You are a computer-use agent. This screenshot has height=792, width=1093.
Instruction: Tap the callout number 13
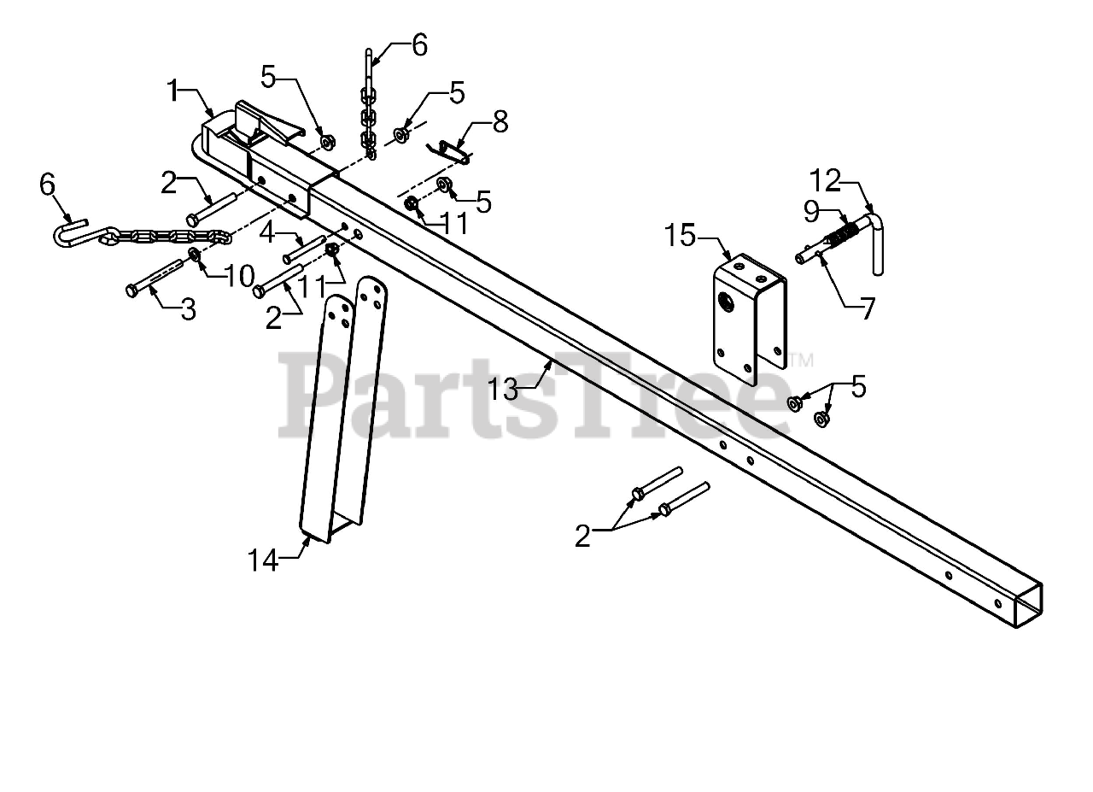pos(503,389)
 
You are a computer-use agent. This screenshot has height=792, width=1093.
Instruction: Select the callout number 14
pos(264,560)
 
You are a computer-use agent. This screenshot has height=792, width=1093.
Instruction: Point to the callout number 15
pos(681,235)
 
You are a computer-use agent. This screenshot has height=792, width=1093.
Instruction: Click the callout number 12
pos(827,181)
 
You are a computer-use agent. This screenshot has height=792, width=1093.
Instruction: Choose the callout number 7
pos(868,308)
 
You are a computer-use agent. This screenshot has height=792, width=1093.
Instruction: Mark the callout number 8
pos(500,121)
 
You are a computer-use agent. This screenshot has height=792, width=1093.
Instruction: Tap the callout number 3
pos(187,309)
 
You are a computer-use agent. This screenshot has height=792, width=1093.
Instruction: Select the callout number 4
pos(266,231)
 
